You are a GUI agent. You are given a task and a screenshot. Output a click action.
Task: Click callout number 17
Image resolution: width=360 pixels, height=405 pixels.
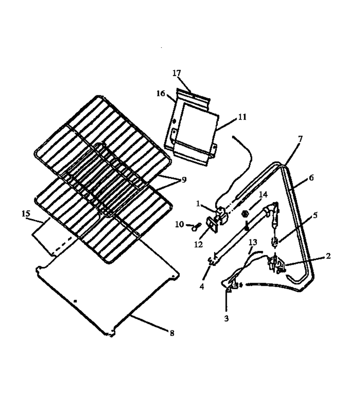pyautogui.click(x=177, y=73)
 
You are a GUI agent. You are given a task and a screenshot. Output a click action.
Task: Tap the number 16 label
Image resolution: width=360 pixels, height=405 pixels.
pyautogui.click(x=161, y=93)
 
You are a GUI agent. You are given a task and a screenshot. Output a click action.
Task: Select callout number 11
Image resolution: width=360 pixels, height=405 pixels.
pyautogui.click(x=242, y=117)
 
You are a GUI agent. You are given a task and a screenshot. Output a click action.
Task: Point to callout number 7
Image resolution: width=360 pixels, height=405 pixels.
pyautogui.click(x=300, y=139)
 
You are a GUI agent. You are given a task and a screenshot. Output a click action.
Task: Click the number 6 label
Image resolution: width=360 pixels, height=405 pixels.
pyautogui.click(x=311, y=178)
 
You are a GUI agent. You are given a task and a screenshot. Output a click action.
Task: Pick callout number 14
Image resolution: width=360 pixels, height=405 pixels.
pyautogui.click(x=263, y=194)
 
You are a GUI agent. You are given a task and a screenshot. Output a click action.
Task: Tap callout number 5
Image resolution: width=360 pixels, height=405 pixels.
pyautogui.click(x=315, y=215)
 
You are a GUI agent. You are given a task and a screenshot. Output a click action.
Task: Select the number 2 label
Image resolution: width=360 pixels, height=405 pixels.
pyautogui.click(x=328, y=256)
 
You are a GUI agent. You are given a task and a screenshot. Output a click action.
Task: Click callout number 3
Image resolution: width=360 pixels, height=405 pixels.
pyautogui.click(x=226, y=319)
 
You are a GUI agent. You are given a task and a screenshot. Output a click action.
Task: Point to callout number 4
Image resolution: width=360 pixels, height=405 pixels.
pyautogui.click(x=202, y=286)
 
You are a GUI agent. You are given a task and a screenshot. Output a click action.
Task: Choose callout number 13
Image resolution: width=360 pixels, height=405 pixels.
pyautogui.click(x=253, y=242)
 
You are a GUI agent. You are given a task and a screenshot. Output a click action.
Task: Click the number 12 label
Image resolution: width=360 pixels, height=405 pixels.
pyautogui.click(x=198, y=244)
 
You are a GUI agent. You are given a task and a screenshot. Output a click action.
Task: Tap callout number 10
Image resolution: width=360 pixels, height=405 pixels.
pyautogui.click(x=179, y=224)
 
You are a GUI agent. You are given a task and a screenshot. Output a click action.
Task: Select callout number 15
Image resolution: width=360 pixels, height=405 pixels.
pyautogui.click(x=26, y=214)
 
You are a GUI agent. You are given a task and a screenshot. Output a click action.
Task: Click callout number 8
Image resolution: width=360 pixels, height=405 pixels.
pyautogui.click(x=172, y=333)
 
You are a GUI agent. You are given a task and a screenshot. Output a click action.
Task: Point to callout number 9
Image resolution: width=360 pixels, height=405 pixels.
pyautogui.click(x=184, y=180)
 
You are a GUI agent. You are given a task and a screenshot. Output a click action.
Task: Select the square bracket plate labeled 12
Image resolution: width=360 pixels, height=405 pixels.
pyautogui.click(x=212, y=225)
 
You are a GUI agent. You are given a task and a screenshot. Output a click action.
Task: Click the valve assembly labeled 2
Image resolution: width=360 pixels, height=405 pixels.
pyautogui.click(x=276, y=264)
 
